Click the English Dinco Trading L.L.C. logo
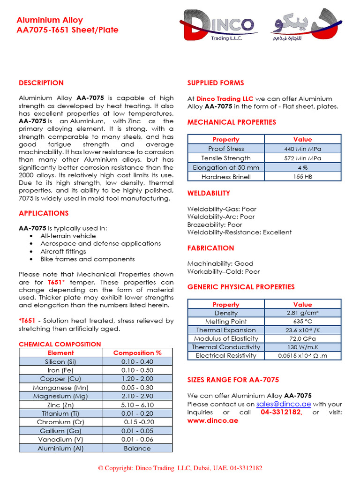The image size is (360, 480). (217, 27)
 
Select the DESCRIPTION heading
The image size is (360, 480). (41, 83)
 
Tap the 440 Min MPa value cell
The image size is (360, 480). (302, 149)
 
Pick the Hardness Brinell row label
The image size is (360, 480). (226, 177)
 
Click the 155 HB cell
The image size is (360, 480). (302, 177)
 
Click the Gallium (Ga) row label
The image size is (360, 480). (60, 431)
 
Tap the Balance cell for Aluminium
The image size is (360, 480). (137, 448)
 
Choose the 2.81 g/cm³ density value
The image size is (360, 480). (302, 313)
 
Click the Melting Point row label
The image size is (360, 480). (226, 322)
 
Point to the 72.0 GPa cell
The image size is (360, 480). (302, 338)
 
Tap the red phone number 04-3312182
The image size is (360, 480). (281, 412)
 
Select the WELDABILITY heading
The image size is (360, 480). (209, 193)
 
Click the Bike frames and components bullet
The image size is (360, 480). (87, 259)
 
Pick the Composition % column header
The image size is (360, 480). (137, 352)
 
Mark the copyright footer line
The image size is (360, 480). (180, 468)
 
